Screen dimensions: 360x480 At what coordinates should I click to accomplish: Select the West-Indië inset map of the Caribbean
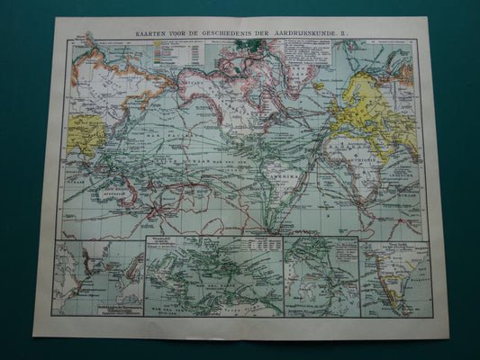(213, 277)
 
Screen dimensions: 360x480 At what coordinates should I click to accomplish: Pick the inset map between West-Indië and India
(321, 277)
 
